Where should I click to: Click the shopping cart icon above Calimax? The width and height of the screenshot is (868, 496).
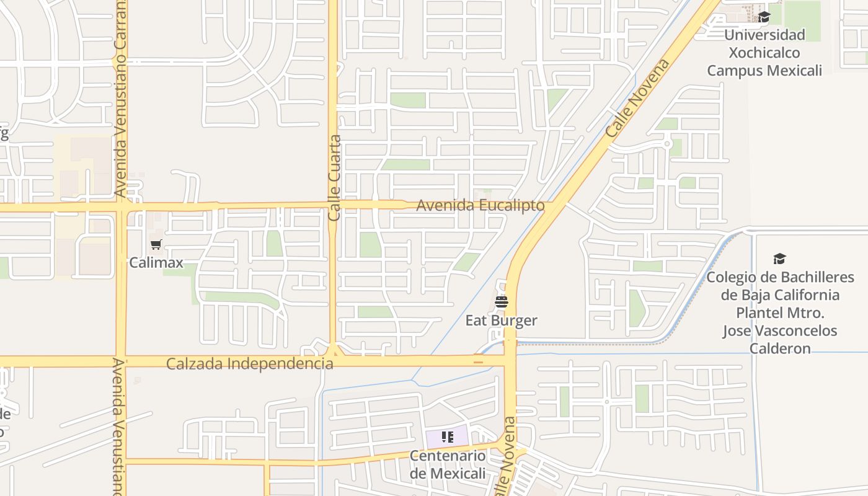(x=156, y=244)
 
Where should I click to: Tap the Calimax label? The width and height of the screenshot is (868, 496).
(x=156, y=262)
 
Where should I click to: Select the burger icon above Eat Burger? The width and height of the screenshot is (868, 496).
(x=502, y=302)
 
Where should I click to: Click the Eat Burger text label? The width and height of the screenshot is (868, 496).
(x=502, y=321)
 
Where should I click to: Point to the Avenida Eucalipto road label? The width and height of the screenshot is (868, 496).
(x=480, y=205)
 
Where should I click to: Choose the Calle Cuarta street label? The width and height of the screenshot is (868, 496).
(x=335, y=179)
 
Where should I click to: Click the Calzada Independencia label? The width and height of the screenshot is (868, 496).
(x=249, y=363)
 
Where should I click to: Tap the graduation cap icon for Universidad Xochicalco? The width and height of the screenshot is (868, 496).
(x=764, y=17)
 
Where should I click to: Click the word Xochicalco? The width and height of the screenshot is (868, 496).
(x=764, y=53)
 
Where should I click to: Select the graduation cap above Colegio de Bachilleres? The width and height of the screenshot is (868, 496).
(x=779, y=259)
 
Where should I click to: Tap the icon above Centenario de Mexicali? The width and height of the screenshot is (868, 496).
(x=448, y=437)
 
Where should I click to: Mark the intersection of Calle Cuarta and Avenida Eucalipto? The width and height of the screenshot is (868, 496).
(x=333, y=205)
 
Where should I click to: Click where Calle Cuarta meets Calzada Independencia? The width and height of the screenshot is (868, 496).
(x=334, y=359)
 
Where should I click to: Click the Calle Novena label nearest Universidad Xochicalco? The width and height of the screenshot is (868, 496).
(x=638, y=99)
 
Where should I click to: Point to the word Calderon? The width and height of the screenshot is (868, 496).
(x=780, y=348)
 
